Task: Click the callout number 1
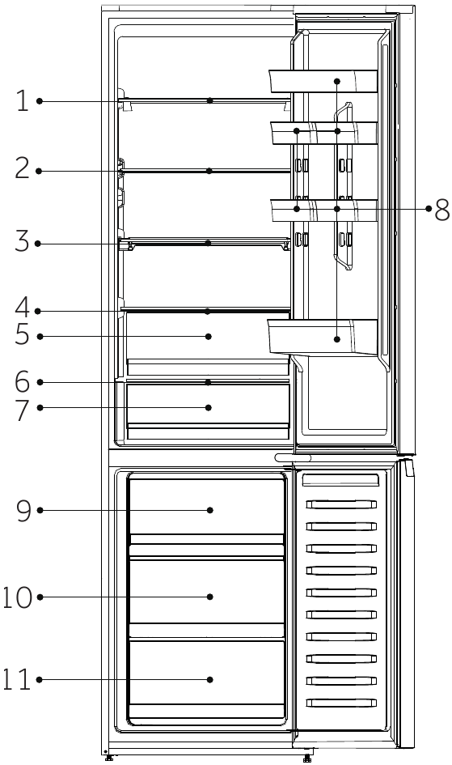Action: pos(23,101)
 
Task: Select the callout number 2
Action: pos(23,169)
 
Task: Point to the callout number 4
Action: pos(23,309)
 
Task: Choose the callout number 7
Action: pos(23,407)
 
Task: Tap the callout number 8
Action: pos(441,210)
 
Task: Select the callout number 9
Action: pos(23,510)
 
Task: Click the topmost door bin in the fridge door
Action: pos(323,81)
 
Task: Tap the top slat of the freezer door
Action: pos(340,481)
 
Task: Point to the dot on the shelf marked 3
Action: pos(209,243)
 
